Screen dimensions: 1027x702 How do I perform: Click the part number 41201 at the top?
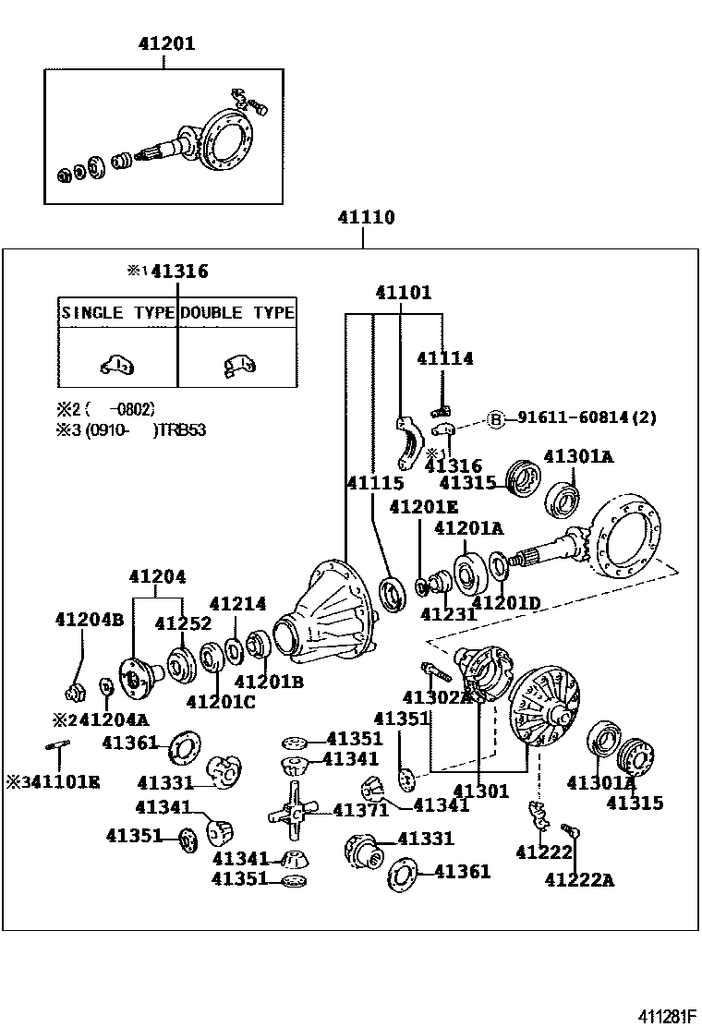tap(166, 43)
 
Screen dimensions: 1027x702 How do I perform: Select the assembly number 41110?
tap(366, 219)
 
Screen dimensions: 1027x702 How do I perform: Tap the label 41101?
tap(403, 293)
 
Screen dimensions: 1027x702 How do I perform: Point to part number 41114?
tap(444, 357)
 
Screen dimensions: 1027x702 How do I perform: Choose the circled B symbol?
tap(496, 419)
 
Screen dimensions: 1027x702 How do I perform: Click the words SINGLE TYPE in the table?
tap(117, 312)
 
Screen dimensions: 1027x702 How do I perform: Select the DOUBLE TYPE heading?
tap(237, 312)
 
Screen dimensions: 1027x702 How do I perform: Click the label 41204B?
tap(89, 619)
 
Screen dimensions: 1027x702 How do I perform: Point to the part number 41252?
tap(183, 623)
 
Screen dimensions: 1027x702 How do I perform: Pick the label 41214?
tap(237, 604)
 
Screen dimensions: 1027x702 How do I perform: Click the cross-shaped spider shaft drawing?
tap(291, 810)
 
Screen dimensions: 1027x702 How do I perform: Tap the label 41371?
tap(360, 810)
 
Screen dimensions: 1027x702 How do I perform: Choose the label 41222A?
tap(579, 880)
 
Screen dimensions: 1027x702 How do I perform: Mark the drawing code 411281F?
tap(660, 1016)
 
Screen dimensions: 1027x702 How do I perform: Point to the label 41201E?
tap(423, 507)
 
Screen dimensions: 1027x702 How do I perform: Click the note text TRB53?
tap(187, 429)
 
